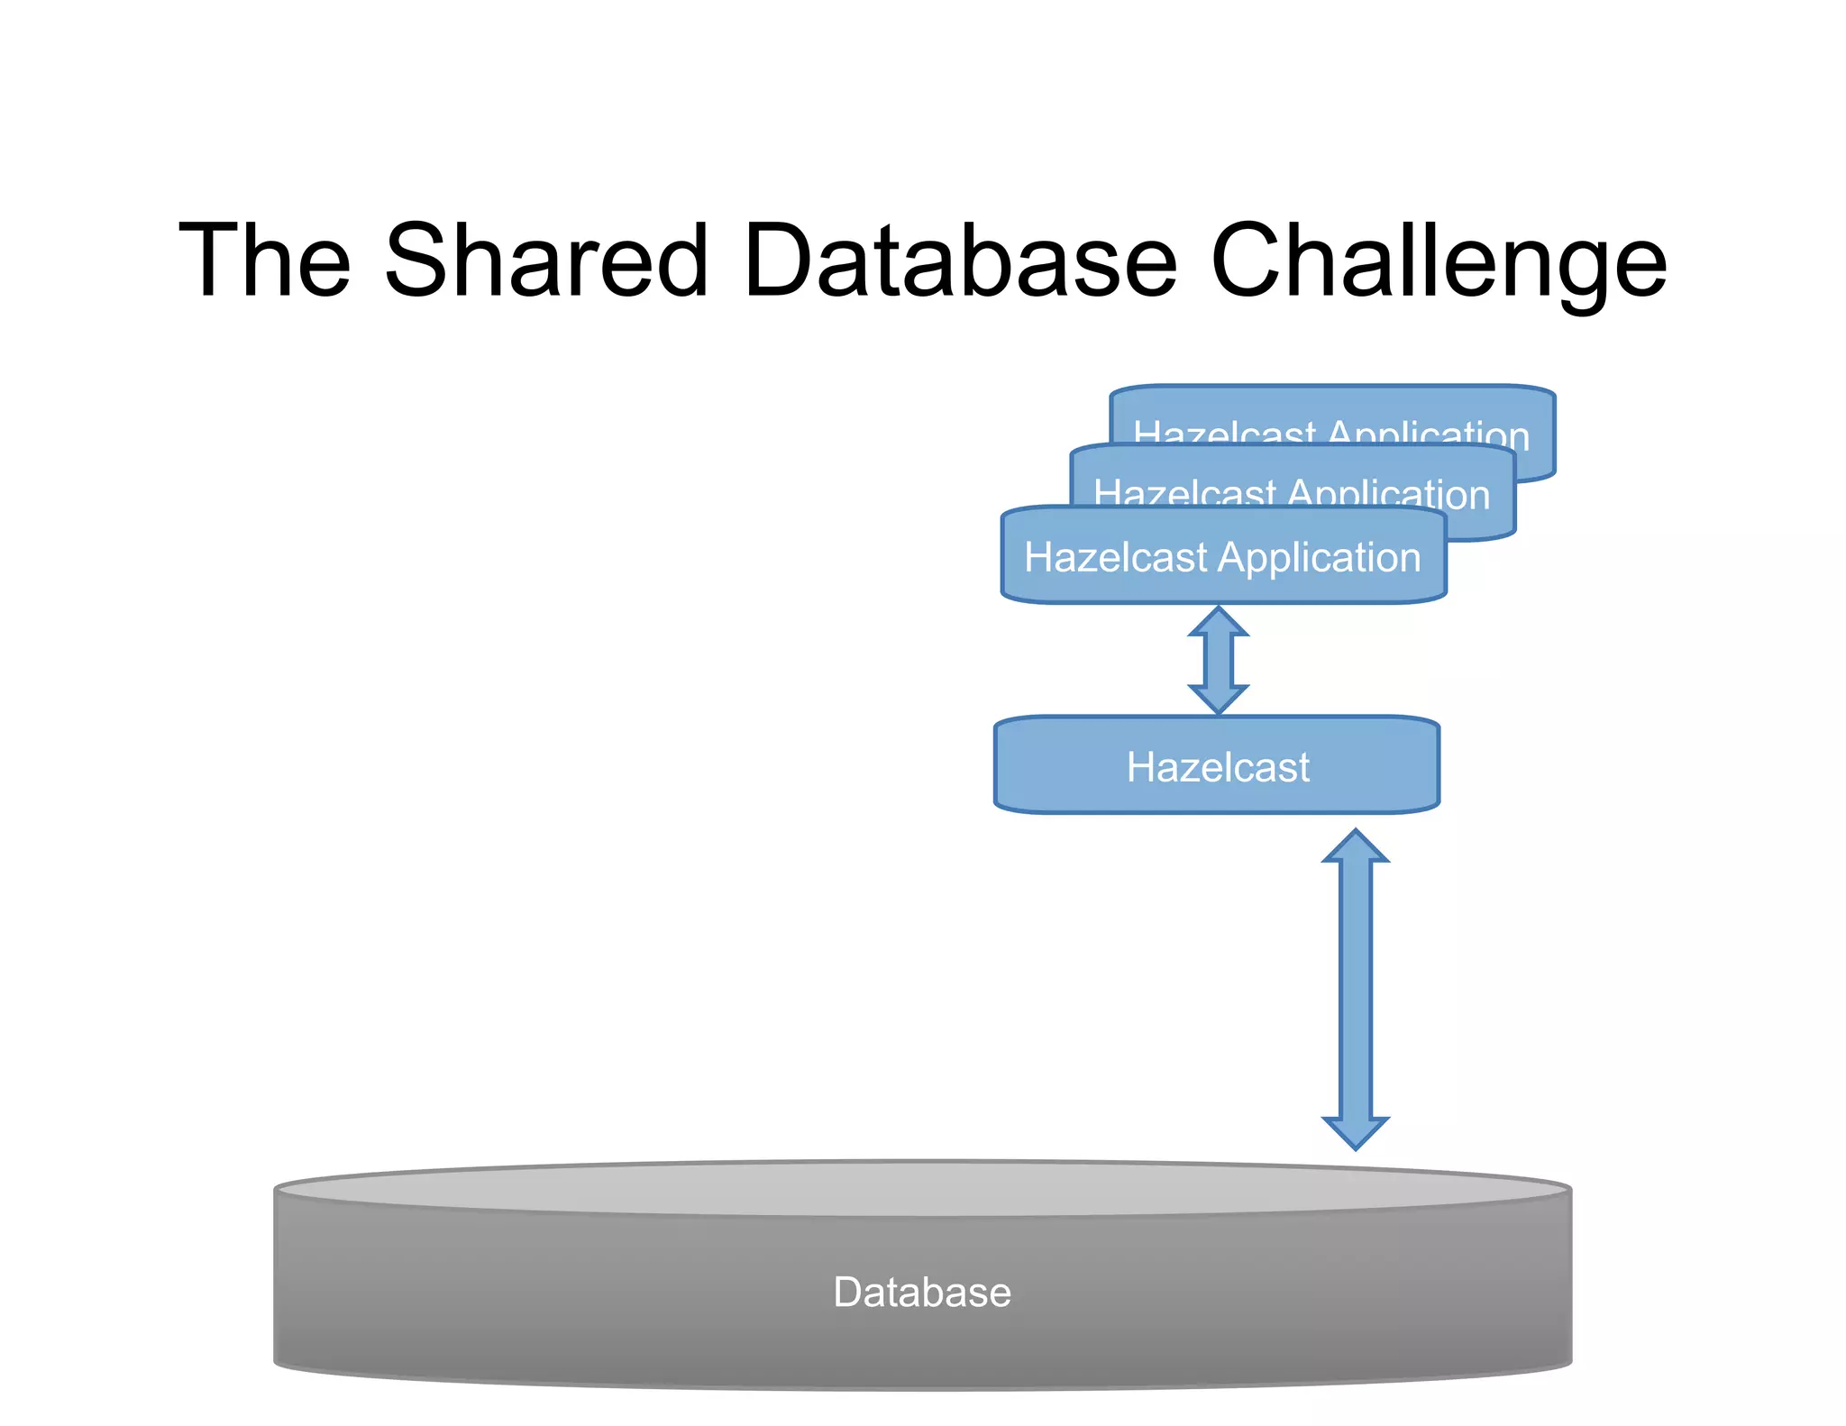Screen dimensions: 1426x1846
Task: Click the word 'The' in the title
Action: (x=264, y=261)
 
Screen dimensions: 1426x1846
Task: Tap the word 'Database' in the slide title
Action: (x=960, y=261)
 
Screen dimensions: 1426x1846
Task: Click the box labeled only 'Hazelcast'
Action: (x=1217, y=766)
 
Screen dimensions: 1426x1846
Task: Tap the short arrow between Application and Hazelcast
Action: (x=1218, y=661)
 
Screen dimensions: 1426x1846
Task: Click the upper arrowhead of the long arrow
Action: (x=1356, y=847)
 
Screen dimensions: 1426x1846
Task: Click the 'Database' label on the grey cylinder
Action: (x=922, y=1292)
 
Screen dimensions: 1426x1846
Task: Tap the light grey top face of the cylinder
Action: (x=922, y=1188)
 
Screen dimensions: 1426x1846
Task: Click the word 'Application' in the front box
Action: (x=1320, y=558)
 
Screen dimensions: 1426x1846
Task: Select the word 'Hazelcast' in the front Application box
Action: (x=1115, y=557)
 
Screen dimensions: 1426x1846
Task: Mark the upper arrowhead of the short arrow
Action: (x=1218, y=622)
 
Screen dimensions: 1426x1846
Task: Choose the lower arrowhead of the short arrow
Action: (x=1218, y=699)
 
